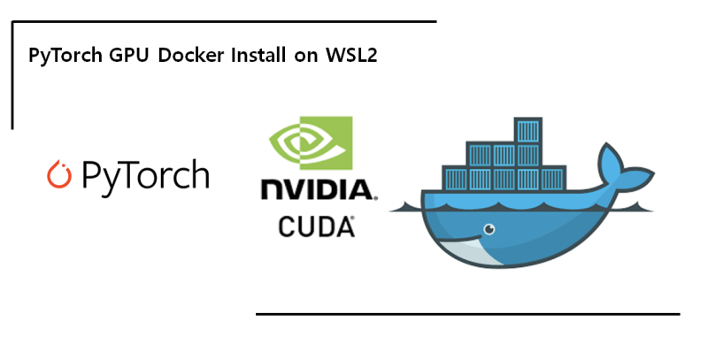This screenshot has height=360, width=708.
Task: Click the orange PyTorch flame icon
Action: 59,174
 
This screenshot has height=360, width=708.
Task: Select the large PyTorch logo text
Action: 142,175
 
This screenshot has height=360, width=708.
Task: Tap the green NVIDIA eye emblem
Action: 310,146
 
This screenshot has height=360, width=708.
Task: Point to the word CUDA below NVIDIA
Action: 316,227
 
